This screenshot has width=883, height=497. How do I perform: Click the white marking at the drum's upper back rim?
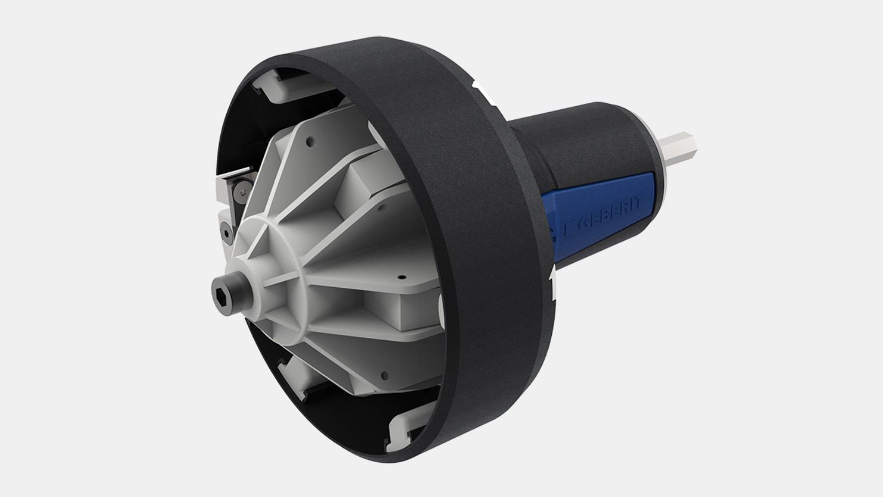[477, 88]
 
